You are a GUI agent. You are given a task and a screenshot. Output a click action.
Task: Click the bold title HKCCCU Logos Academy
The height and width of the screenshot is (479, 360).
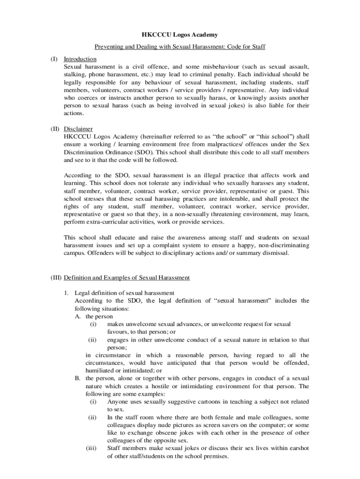pyautogui.click(x=180, y=35)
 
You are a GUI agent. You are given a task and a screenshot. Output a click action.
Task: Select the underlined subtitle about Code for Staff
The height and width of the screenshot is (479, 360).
pyautogui.click(x=180, y=47)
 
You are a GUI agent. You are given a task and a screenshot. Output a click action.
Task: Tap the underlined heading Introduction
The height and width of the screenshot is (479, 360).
pyautogui.click(x=80, y=59)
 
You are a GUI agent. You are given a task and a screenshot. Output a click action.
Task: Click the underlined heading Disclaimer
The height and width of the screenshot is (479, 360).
pyautogui.click(x=78, y=129)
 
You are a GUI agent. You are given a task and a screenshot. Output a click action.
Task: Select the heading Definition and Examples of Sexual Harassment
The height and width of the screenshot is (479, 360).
pyautogui.click(x=127, y=277)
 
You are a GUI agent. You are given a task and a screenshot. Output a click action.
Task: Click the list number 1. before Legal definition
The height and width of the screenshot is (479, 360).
pyautogui.click(x=67, y=293)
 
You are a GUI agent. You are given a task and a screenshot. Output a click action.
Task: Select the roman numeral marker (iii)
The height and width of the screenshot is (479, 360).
pyautogui.click(x=92, y=448)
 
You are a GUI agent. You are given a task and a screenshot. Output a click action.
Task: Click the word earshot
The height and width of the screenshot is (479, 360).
pyautogui.click(x=296, y=448)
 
